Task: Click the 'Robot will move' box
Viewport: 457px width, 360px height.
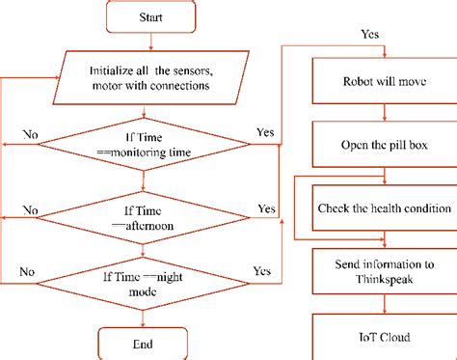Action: pos(383,80)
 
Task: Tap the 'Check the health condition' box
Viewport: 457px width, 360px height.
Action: pos(384,208)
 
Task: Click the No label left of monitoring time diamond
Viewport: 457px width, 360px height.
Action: pos(31,133)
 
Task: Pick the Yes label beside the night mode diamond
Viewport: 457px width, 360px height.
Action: pos(260,271)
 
